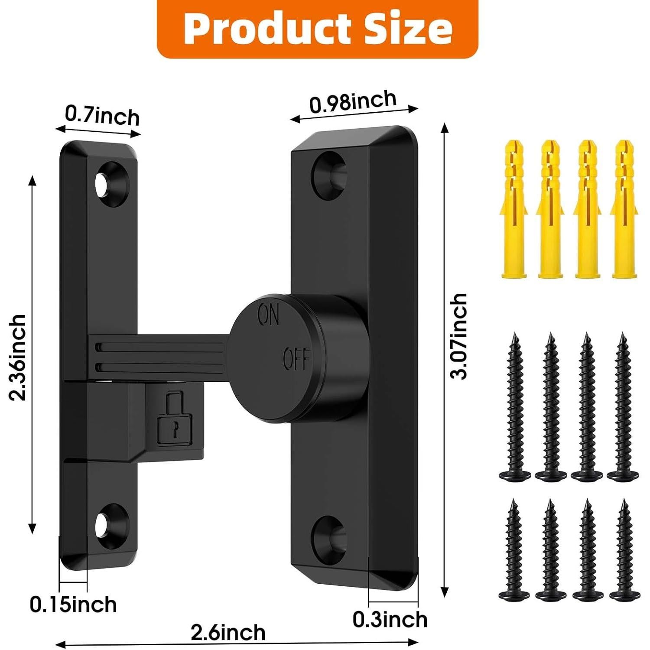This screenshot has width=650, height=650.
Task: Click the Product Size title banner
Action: [x=318, y=29]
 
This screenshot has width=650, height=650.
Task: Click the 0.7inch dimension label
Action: [x=102, y=116]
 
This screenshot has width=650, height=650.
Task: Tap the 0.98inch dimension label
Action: [x=353, y=102]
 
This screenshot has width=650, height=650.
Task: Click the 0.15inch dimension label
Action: [x=73, y=604]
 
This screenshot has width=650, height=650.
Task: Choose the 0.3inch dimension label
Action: [x=390, y=620]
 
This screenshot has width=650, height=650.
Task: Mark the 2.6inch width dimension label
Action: [x=228, y=633]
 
